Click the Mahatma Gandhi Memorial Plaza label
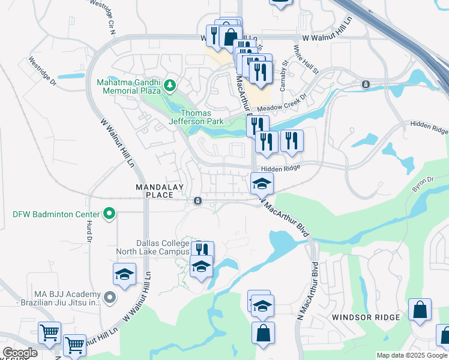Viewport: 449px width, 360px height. tap(128, 86)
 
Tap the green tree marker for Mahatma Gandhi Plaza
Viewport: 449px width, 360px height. tap(170, 86)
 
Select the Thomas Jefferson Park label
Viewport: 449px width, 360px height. tap(202, 117)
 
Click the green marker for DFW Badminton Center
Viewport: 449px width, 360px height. tap(109, 214)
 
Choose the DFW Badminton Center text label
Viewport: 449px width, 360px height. tap(56, 214)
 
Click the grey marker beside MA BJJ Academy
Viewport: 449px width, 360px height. tap(109, 296)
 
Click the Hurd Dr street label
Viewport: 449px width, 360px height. tap(88, 230)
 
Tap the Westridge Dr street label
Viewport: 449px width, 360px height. tap(42, 70)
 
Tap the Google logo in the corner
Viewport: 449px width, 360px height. tap(20, 353)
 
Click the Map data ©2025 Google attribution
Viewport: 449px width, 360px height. tap(411, 355)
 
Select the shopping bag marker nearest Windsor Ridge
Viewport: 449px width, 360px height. tap(420, 310)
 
